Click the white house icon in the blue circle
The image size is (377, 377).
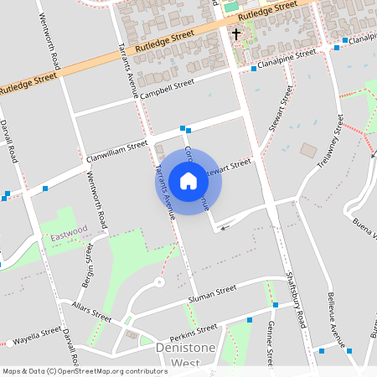point(188,181)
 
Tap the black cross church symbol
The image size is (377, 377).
point(236,35)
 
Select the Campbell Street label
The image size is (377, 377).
point(166,88)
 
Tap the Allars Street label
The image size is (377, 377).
point(91,312)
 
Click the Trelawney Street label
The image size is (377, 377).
point(331,147)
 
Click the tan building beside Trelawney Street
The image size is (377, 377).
point(309,151)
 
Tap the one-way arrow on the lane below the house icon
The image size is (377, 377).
point(223,226)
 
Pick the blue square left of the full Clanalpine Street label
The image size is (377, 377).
point(254,69)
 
